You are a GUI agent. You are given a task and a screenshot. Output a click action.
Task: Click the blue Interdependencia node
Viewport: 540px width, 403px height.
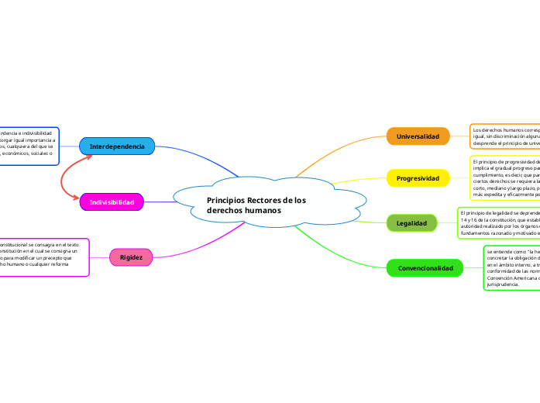[x=117, y=146]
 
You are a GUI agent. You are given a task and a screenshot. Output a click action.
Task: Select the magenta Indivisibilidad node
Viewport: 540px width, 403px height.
[x=112, y=202]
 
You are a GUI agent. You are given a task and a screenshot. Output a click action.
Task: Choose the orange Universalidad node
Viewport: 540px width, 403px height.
[x=418, y=136]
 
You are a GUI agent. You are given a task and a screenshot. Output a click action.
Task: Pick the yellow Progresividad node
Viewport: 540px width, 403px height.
[x=418, y=178]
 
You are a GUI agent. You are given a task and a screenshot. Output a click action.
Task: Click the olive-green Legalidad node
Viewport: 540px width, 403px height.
[x=411, y=223]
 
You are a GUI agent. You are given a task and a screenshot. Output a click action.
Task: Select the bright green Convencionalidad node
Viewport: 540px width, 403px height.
[x=425, y=268]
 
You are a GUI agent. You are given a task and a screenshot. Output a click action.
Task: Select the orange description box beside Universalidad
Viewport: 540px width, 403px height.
[x=504, y=136]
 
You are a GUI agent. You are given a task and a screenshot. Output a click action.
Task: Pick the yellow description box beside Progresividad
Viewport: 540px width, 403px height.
[x=504, y=177]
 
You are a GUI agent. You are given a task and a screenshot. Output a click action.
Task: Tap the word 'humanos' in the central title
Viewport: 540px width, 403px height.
[x=264, y=211]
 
